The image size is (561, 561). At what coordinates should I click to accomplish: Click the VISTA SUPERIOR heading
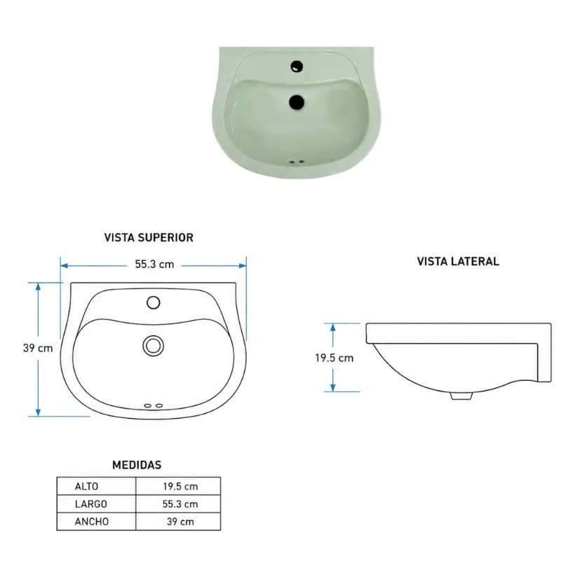pyautogui.click(x=149, y=238)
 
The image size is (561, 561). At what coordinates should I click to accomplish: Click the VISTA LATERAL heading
pyautogui.click(x=458, y=262)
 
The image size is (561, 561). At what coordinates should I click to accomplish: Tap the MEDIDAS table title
pyautogui.click(x=137, y=465)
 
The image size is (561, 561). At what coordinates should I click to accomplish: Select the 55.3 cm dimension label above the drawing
pyautogui.click(x=154, y=264)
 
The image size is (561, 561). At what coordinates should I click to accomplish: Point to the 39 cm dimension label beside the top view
pyautogui.click(x=38, y=348)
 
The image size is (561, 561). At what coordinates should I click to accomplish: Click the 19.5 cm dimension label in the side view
pyautogui.click(x=334, y=358)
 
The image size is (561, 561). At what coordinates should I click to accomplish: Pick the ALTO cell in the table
pyautogui.click(x=86, y=486)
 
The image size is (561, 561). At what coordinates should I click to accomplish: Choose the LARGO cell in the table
pyautogui.click(x=91, y=503)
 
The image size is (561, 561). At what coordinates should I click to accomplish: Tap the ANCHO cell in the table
pyautogui.click(x=92, y=521)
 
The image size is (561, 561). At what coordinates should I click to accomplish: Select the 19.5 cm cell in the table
pyautogui.click(x=180, y=486)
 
